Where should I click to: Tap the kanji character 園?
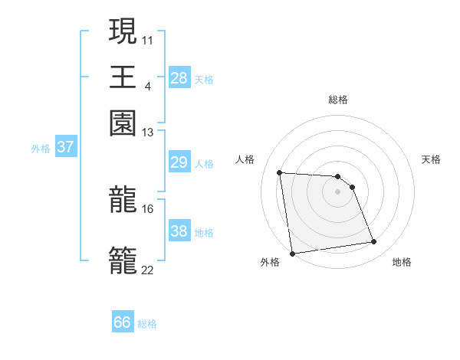point(123,123)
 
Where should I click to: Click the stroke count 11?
point(148,38)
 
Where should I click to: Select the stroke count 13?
point(148,133)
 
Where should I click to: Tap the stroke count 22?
point(148,270)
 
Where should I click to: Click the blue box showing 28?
point(179,77)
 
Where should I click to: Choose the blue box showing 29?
point(179,162)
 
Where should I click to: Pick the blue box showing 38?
point(179,231)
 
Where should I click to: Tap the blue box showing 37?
point(65,146)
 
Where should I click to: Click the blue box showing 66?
point(123,322)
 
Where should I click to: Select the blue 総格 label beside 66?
point(148,324)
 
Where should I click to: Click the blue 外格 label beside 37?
point(41,148)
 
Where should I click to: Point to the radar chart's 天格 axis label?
point(431,159)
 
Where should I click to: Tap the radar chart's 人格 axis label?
point(245,159)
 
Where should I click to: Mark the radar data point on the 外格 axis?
point(291,253)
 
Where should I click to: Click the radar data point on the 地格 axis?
point(373,242)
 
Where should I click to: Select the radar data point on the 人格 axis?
point(280,172)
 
